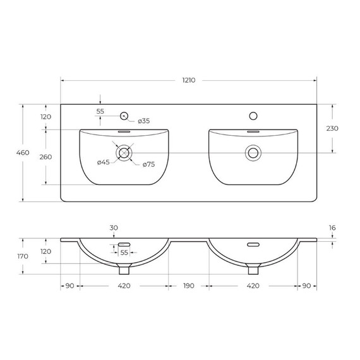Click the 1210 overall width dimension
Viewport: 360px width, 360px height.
[188, 80]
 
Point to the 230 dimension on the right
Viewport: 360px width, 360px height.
[332, 128]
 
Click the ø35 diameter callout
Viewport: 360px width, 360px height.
[143, 121]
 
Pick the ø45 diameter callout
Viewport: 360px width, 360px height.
[104, 163]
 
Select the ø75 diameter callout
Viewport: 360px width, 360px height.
[148, 164]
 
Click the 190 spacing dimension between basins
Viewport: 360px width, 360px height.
[188, 286]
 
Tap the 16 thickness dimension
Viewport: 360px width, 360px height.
[333, 228]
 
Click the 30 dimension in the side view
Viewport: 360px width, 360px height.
[114, 228]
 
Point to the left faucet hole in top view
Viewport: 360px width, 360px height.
[124, 116]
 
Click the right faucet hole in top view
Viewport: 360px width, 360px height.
[253, 116]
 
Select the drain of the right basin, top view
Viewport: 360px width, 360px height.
[253, 152]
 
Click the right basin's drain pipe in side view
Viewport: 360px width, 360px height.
[253, 270]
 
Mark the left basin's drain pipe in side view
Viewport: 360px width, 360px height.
[124, 270]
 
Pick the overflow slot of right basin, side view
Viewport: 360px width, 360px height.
[253, 245]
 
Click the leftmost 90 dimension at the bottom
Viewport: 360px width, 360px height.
[69, 286]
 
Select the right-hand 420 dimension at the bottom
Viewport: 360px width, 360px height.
[253, 286]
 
